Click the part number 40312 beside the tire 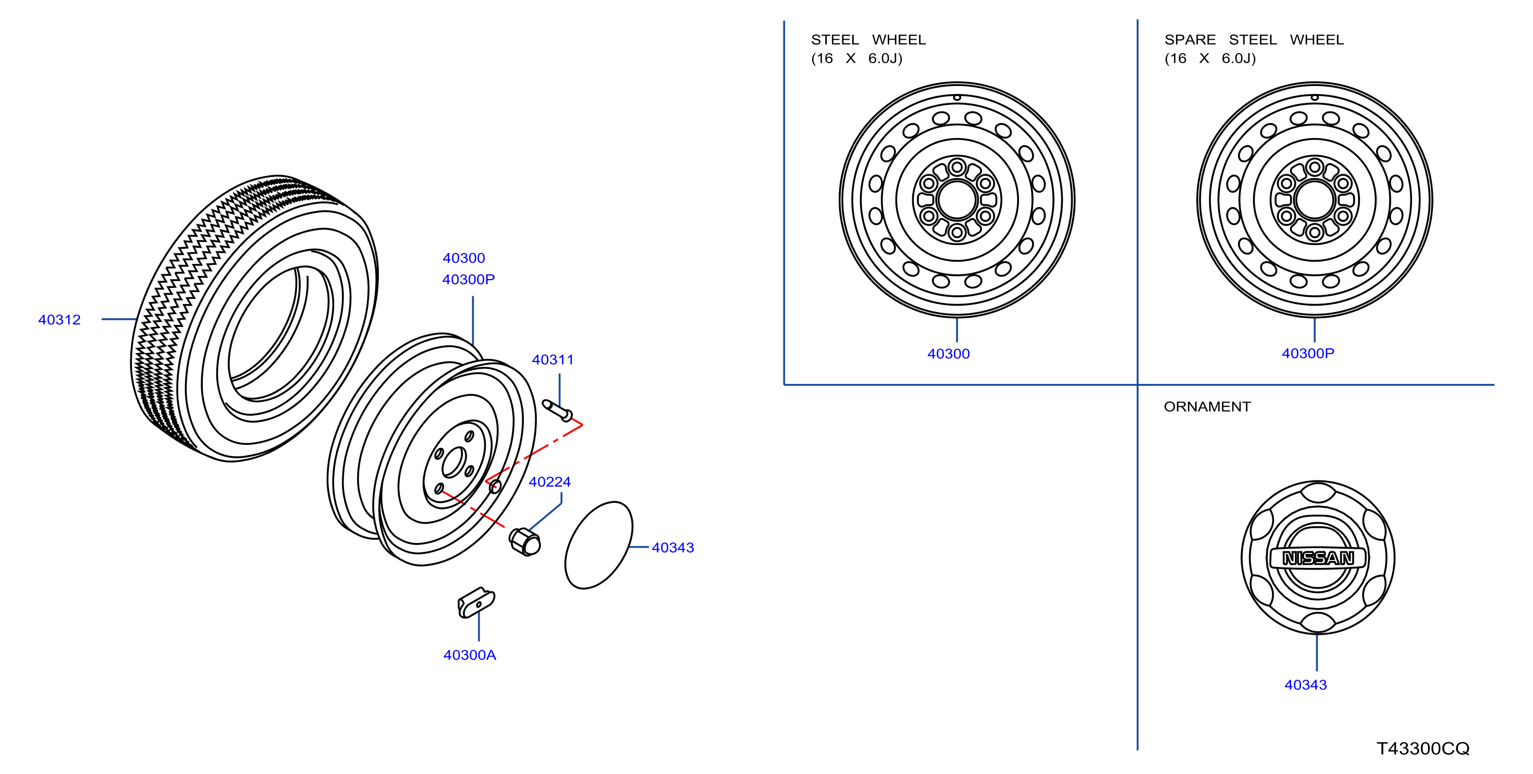click(59, 320)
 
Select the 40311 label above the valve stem click(553, 359)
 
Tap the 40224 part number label click(550, 482)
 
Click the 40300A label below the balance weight click(470, 655)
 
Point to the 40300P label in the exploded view click(469, 279)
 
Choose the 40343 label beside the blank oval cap click(673, 548)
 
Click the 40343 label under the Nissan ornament click(1306, 685)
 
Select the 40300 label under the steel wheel click(949, 354)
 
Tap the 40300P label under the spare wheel click(1308, 353)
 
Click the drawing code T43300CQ click(1423, 748)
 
